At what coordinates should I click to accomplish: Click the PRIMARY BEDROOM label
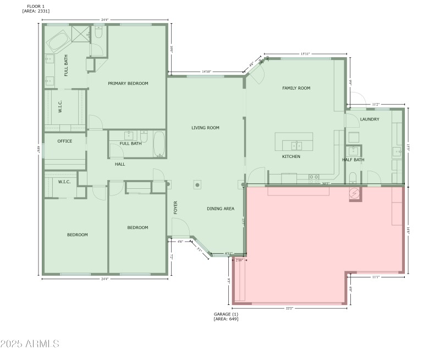coord(128,84)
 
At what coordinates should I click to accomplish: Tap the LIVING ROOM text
coord(205,128)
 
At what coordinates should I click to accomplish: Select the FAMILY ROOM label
coord(296,88)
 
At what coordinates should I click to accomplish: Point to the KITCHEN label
coord(291,157)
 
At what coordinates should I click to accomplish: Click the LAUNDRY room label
coord(370,119)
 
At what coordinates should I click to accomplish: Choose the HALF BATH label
coord(353,160)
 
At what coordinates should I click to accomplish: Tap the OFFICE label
coord(65,141)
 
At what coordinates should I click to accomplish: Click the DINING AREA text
coord(221,209)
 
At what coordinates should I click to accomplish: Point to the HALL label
coord(120,164)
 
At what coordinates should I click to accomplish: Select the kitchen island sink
coord(295,146)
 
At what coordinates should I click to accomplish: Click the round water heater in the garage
coord(355,193)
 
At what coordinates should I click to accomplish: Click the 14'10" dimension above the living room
coord(206,72)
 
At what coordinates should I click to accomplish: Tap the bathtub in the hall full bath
coord(159,144)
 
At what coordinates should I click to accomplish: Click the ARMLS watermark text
coord(30,344)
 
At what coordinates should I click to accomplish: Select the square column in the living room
coord(197,185)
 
